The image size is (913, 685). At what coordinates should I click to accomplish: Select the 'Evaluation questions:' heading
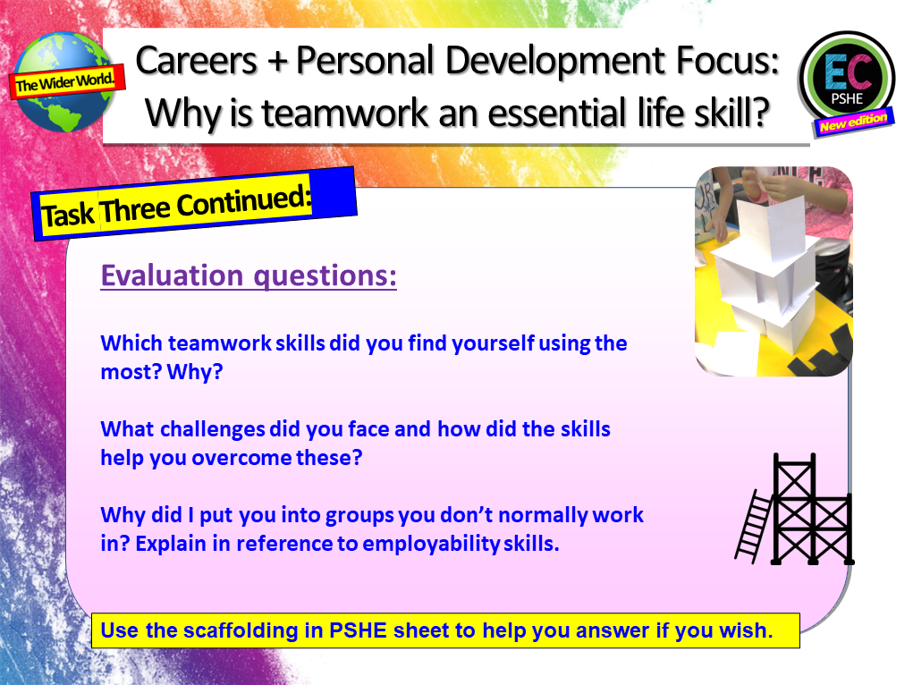pyautogui.click(x=249, y=275)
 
